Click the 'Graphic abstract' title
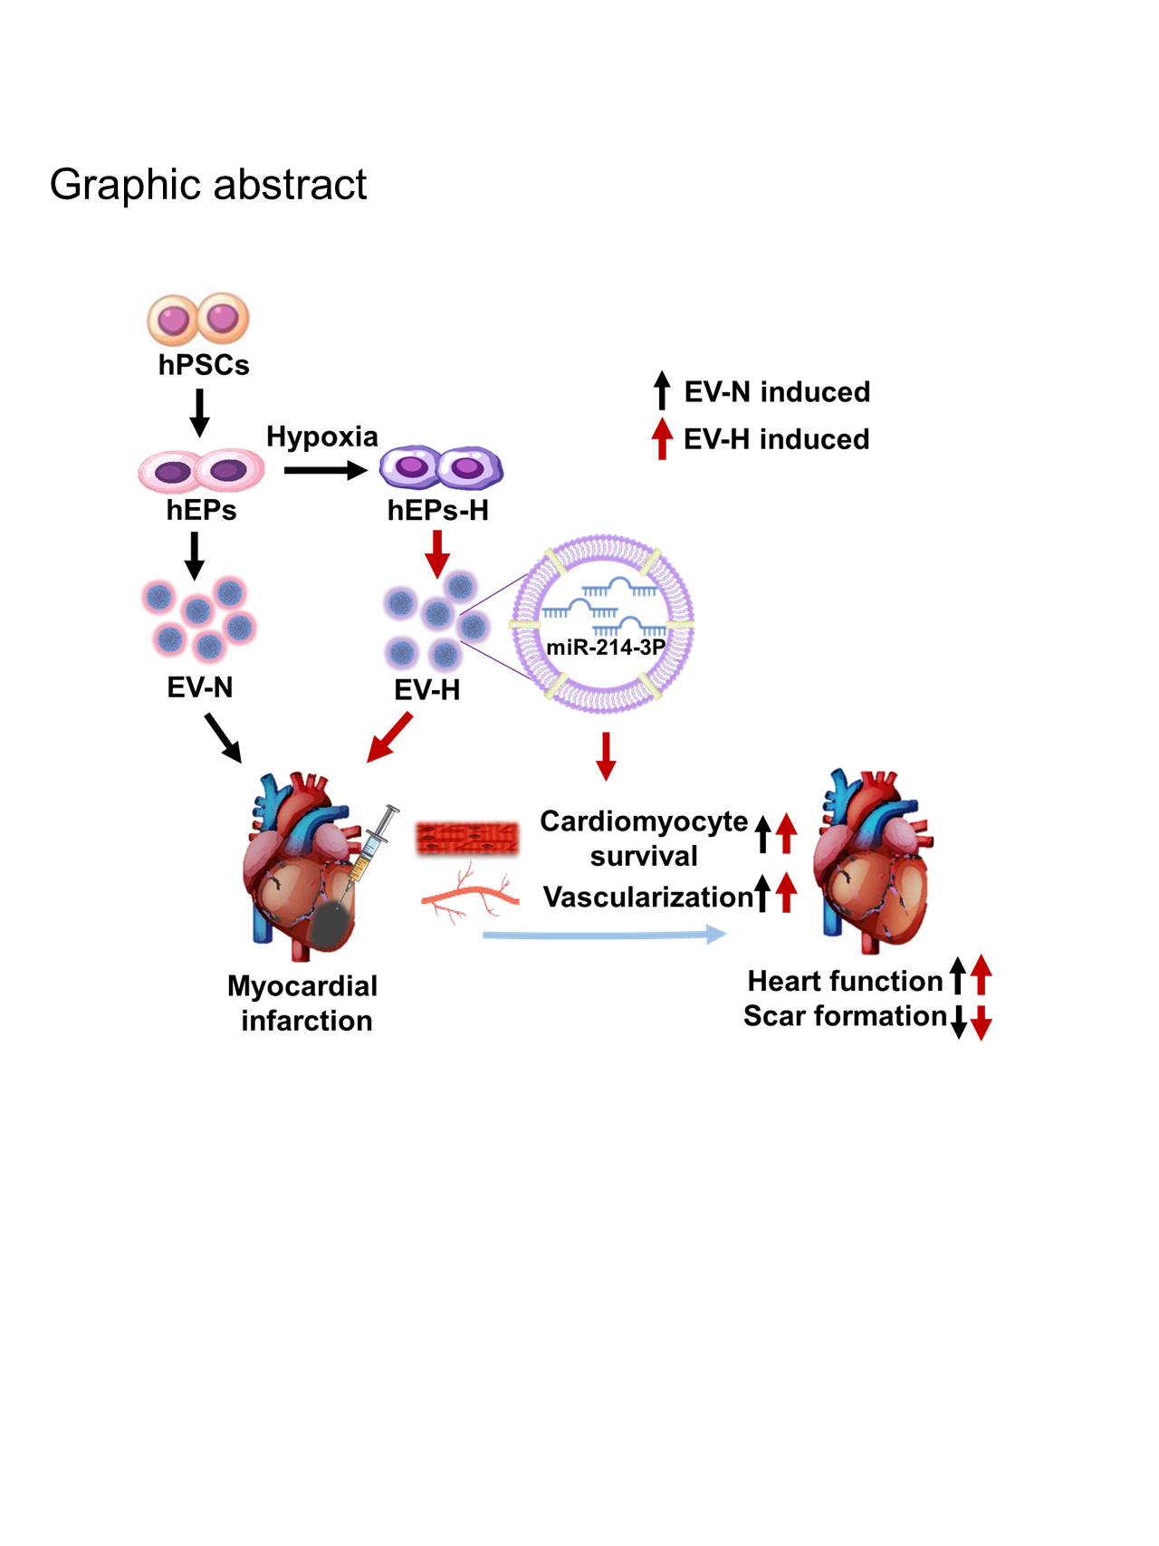[208, 185]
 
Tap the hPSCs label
[204, 365]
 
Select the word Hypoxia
[321, 437]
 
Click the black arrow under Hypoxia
[324, 470]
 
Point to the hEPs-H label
[437, 511]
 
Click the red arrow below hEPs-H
[437, 553]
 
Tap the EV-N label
[200, 687]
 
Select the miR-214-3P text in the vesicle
[605, 648]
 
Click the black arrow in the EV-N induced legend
[662, 390]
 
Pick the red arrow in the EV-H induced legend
[662, 438]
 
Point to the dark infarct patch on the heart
[332, 924]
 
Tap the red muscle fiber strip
[467, 839]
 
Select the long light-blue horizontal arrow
[604, 935]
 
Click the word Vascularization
[647, 897]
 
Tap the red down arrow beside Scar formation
[982, 1023]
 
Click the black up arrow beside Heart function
[957, 975]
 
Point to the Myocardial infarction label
[303, 1003]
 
